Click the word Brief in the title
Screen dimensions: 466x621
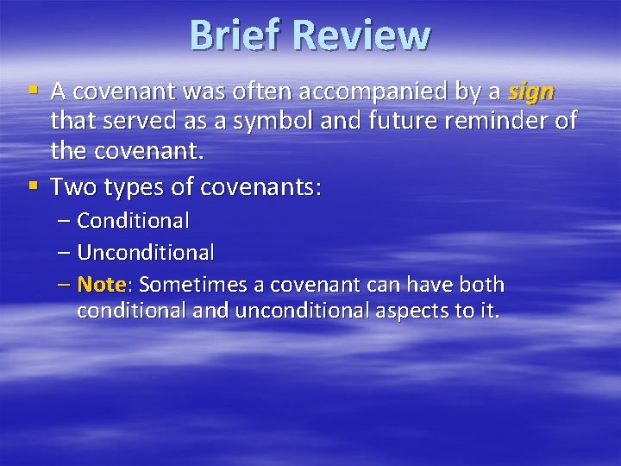(x=235, y=36)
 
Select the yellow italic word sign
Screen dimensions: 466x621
(x=532, y=91)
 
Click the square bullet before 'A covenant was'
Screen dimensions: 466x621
(x=34, y=91)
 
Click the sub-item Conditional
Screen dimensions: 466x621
(x=133, y=221)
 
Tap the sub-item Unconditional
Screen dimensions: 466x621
(x=146, y=253)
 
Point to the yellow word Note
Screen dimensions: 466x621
(x=102, y=285)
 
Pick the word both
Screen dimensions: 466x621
(x=481, y=285)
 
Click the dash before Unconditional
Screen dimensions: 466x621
(x=66, y=253)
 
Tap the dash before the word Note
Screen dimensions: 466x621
(x=66, y=285)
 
